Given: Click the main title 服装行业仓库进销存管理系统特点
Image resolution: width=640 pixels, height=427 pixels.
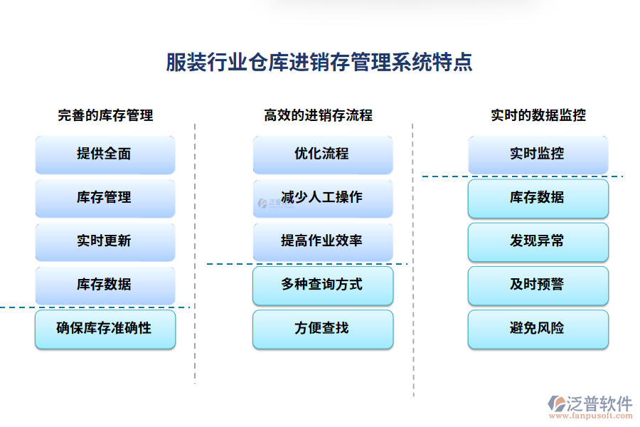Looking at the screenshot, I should (x=319, y=63).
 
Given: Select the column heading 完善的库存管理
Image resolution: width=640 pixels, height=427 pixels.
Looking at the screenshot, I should (x=105, y=115).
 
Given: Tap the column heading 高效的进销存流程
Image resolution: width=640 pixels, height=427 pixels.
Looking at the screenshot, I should (x=318, y=115).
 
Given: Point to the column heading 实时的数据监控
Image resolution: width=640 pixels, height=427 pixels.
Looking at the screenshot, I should (x=538, y=115).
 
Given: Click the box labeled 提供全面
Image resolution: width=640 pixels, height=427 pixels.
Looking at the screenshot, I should (x=105, y=154).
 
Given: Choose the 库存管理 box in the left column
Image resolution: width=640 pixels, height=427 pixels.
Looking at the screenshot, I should (x=105, y=198).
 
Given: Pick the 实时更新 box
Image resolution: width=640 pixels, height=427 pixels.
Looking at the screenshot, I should (x=105, y=241).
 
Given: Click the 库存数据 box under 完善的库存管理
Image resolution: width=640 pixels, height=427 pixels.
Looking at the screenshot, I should (x=105, y=285).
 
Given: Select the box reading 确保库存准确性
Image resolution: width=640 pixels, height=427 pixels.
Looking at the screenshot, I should (x=105, y=329).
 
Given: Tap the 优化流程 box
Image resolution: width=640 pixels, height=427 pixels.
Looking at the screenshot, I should (x=322, y=154).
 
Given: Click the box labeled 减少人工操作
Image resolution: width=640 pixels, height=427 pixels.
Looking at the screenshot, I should (x=322, y=198).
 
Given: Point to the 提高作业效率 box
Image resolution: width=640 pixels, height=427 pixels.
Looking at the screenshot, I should (x=322, y=241).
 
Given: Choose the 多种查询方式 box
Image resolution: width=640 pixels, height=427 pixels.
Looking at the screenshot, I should (x=322, y=285).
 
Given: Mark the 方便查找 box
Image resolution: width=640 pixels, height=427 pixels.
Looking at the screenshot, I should (x=322, y=329).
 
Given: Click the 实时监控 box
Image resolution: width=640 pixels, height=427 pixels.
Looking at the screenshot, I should (x=538, y=154).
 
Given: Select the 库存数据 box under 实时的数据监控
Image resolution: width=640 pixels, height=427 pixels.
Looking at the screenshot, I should (x=538, y=198).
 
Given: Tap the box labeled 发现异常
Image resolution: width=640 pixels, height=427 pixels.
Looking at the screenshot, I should (x=538, y=241).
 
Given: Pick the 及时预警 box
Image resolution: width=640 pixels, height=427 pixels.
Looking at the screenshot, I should (x=538, y=285).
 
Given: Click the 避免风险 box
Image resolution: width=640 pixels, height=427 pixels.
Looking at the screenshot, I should (x=538, y=329).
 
